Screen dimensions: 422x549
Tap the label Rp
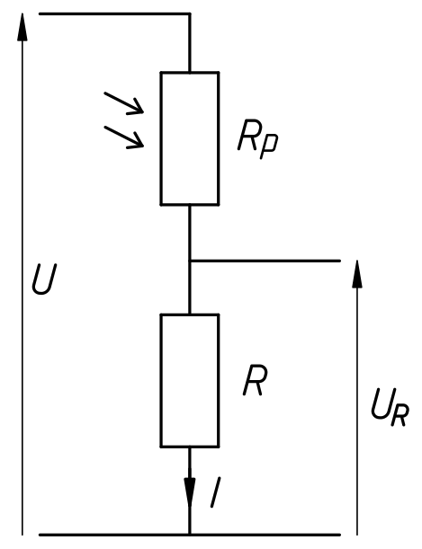pyautogui.click(x=257, y=139)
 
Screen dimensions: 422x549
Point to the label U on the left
pyautogui.click(x=44, y=279)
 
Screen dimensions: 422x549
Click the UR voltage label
pyautogui.click(x=390, y=408)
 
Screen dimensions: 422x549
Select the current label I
pyautogui.click(x=215, y=492)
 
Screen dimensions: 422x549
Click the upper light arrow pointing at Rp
pyautogui.click(x=124, y=103)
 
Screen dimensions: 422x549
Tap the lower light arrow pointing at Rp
pyautogui.click(x=124, y=137)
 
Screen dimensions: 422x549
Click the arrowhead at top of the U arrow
pyautogui.click(x=22, y=27)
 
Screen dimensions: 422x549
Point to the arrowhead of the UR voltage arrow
pyautogui.click(x=357, y=274)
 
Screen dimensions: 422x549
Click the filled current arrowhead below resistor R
pyautogui.click(x=190, y=491)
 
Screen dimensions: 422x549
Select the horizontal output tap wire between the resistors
pyautogui.click(x=265, y=261)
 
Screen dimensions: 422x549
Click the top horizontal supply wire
pyautogui.click(x=114, y=14)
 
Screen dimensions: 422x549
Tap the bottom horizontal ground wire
pyautogui.click(x=190, y=535)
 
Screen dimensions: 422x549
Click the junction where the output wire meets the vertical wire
pyautogui.click(x=190, y=261)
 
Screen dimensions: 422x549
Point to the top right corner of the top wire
pyautogui.click(x=190, y=14)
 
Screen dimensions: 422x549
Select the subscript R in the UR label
pyautogui.click(x=400, y=415)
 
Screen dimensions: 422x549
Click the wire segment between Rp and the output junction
pyautogui.click(x=190, y=233)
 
